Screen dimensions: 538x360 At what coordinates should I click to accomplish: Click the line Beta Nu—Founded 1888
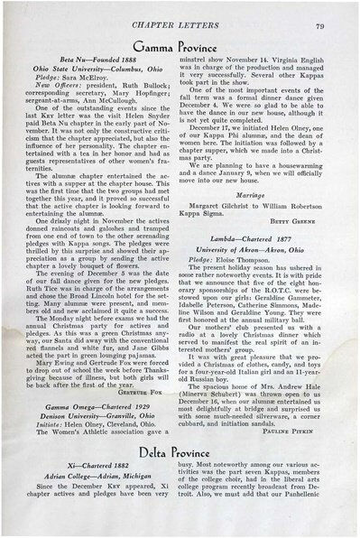point(98,57)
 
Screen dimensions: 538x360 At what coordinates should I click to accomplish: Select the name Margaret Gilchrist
point(235,199)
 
